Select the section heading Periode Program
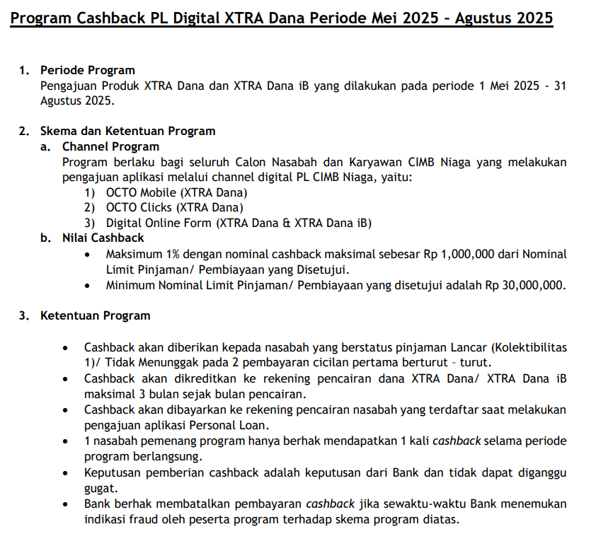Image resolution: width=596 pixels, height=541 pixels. pos(87,70)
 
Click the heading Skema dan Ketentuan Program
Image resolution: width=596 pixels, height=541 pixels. pos(127,131)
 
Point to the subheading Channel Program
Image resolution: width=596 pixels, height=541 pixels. pos(110,146)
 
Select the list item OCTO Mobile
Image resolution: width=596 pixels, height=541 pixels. pos(140,192)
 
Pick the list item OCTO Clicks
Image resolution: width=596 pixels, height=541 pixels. pos(138,207)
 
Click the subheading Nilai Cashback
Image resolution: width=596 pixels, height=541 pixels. pos(103,238)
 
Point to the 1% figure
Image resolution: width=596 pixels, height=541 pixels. pos(173,254)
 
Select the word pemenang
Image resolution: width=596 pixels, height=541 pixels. pos(158,441)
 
